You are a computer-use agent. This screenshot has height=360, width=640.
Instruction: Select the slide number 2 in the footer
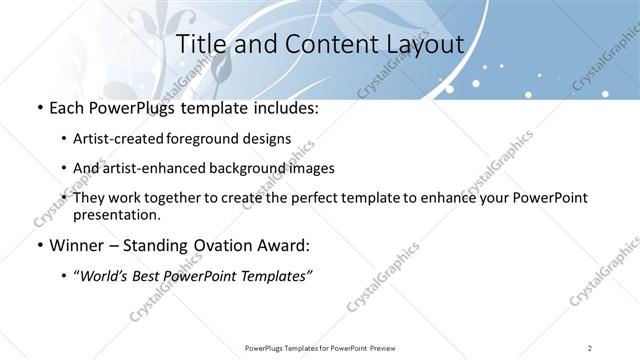tap(590, 347)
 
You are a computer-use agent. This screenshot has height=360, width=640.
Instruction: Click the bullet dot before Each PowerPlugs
tap(39, 107)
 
